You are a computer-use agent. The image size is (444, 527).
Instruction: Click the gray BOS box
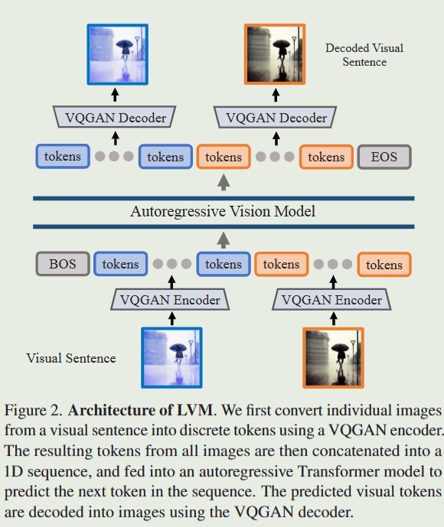tap(63, 264)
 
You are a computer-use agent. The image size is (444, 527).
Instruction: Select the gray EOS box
tap(384, 157)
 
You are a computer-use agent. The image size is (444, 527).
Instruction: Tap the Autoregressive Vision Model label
tap(223, 211)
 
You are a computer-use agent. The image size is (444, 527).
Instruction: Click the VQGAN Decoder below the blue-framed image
tap(116, 118)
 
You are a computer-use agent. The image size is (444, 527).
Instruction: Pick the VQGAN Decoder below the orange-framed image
tap(276, 118)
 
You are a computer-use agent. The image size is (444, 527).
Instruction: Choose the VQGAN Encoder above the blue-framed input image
tap(170, 300)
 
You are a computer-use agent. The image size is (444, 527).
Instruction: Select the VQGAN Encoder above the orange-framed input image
tap(331, 300)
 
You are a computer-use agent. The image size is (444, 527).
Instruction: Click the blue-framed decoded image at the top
tap(117, 54)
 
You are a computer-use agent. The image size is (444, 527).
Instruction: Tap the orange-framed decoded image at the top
tap(274, 54)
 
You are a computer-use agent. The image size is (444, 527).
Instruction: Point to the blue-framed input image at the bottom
tap(171, 357)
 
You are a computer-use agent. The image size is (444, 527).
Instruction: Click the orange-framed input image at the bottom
tap(333, 357)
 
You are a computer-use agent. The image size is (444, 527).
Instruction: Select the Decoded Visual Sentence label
tap(364, 54)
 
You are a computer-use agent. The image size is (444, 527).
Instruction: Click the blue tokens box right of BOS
tap(120, 264)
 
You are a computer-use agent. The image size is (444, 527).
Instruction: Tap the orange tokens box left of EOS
tap(326, 157)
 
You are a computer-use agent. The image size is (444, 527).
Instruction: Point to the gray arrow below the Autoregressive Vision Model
tap(224, 239)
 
